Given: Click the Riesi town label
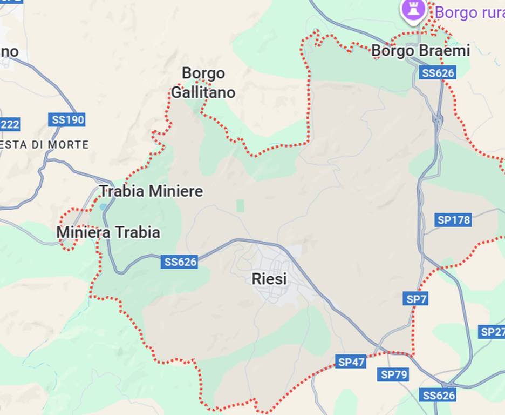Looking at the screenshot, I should (x=269, y=279).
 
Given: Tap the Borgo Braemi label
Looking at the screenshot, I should (x=421, y=51).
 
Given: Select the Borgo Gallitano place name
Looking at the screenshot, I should (x=203, y=83).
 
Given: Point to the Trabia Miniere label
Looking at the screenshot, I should (x=151, y=191).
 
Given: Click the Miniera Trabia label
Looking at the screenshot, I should (x=108, y=232).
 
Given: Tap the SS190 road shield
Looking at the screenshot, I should (x=67, y=119).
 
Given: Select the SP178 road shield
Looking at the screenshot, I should (x=453, y=219).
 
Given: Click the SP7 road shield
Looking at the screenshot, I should (x=415, y=299).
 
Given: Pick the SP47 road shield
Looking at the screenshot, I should (x=351, y=362).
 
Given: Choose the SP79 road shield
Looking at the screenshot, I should (x=393, y=374).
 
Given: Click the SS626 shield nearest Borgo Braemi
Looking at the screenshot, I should (x=438, y=72).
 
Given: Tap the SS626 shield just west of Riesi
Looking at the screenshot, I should (x=180, y=262).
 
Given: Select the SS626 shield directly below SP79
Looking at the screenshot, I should (x=439, y=396).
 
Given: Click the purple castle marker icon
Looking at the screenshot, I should (x=414, y=8).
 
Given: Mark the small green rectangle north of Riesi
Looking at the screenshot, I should (x=240, y=206).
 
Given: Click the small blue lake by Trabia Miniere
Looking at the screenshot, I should (x=103, y=206).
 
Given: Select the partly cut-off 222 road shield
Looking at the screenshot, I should (x=9, y=125).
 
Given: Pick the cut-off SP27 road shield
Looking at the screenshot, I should (x=492, y=332).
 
